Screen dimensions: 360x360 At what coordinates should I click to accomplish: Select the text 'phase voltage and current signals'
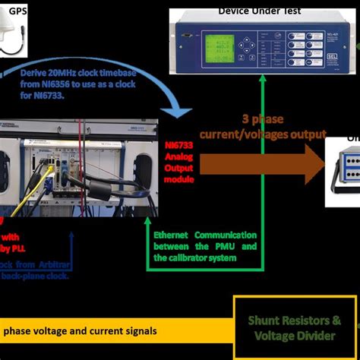coord(80,330)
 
